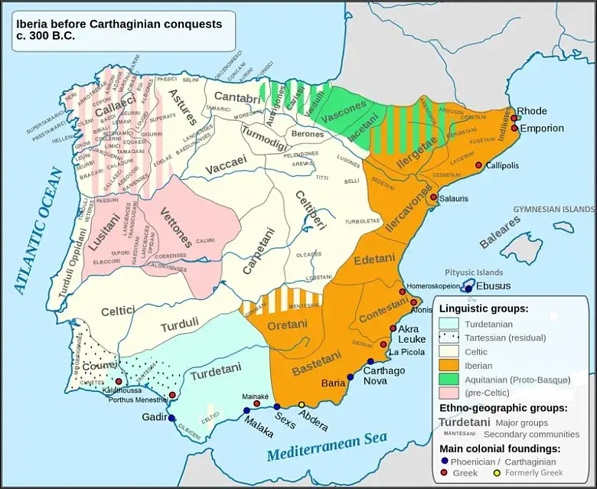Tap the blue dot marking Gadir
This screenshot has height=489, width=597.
click(x=171, y=417)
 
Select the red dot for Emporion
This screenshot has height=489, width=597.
click(x=514, y=129)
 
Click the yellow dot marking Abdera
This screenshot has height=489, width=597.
click(x=302, y=405)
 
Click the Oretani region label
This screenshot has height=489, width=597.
click(x=288, y=325)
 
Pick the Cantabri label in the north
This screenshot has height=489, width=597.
click(x=237, y=97)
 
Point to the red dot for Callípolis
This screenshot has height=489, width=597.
click(x=479, y=165)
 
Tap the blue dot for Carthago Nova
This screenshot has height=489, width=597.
click(x=370, y=362)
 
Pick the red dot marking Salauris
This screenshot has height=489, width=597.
click(x=433, y=197)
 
